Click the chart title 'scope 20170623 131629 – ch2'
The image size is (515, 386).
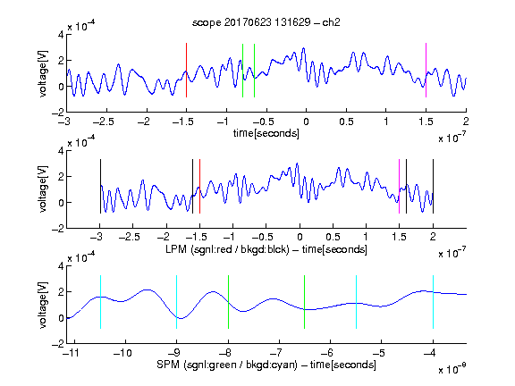266,22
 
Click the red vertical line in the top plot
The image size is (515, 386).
186,70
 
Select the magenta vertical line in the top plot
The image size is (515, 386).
426,70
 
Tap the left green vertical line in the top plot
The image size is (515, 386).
242,71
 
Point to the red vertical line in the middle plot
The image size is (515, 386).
199,186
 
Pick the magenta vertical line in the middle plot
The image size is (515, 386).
399,186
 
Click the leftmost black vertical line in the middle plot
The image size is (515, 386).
100,186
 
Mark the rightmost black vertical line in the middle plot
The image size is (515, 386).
433,186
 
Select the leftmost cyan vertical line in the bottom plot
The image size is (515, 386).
100,302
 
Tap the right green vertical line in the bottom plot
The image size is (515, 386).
305,302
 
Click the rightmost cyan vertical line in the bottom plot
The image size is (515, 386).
433,302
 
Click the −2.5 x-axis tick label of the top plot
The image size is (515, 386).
104,122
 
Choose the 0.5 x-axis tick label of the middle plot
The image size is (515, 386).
333,238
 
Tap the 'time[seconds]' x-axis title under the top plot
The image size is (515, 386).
266,133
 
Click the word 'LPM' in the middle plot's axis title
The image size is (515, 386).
176,249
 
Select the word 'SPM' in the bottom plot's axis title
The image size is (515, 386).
168,365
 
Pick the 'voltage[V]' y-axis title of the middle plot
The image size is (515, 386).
43,189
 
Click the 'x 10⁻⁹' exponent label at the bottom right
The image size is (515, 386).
452,370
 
